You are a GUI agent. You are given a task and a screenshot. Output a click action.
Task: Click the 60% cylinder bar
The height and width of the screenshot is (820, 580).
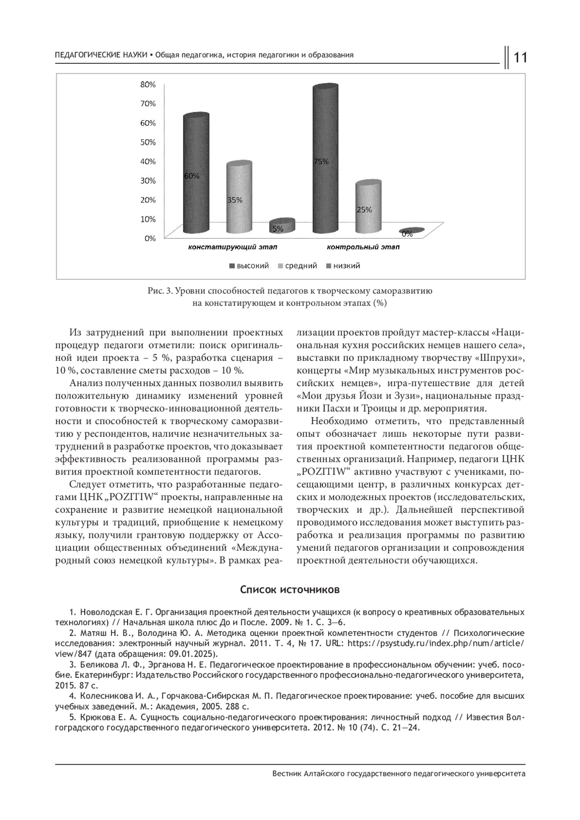click(196, 174)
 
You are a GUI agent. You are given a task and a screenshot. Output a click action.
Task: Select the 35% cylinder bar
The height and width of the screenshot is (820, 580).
click(239, 198)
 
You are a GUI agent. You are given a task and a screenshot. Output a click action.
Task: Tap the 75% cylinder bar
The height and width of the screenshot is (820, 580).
click(325, 159)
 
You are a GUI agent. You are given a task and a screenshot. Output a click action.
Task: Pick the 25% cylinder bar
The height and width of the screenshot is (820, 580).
click(368, 208)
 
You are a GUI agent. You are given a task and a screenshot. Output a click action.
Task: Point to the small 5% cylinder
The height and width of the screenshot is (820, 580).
click(282, 226)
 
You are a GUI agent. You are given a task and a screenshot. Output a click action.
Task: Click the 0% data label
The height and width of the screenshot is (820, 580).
click(407, 234)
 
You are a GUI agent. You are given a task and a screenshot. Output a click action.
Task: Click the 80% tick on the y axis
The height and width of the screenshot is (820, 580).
click(148, 85)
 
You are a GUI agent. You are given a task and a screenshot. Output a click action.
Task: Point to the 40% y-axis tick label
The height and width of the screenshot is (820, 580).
click(148, 161)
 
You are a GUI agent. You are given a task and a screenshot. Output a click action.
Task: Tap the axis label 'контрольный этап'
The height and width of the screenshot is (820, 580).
click(362, 247)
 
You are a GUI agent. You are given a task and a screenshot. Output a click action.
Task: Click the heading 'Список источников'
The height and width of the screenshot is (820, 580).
click(290, 590)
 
